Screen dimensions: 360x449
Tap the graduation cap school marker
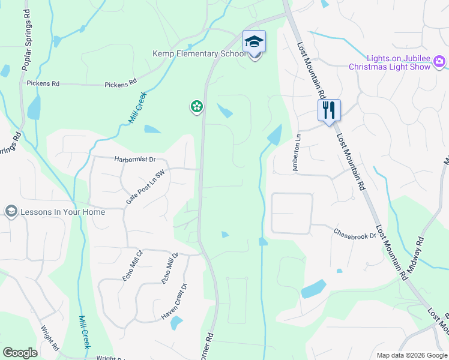click(x=254, y=42)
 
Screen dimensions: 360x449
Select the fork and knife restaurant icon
click(x=329, y=110)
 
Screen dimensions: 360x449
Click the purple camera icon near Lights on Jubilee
click(x=439, y=61)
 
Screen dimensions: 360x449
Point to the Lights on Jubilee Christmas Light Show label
click(x=390, y=62)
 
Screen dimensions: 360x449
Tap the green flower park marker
click(x=196, y=107)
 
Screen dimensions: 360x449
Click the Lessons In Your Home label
click(x=62, y=212)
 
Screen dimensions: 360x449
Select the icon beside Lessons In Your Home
click(x=11, y=211)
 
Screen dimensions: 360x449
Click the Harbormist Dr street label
click(x=134, y=160)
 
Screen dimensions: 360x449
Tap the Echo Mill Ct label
click(x=132, y=266)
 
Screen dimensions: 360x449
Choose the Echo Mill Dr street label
click(x=170, y=268)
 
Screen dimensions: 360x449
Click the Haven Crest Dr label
click(x=175, y=301)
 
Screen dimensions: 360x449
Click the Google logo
click(x=20, y=353)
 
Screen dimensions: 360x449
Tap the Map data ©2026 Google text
click(x=411, y=355)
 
